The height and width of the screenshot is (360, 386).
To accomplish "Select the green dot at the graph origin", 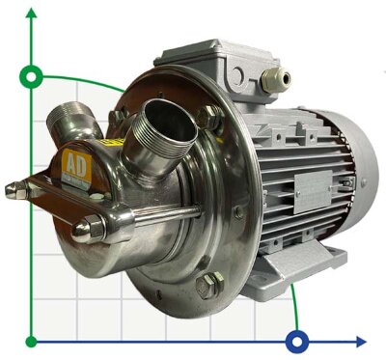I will pyautogui.click(x=32, y=341).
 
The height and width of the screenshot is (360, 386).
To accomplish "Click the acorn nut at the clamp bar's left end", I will pyautogui.click(x=13, y=190).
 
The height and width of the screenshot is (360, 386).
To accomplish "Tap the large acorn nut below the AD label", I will pyautogui.click(x=88, y=229).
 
